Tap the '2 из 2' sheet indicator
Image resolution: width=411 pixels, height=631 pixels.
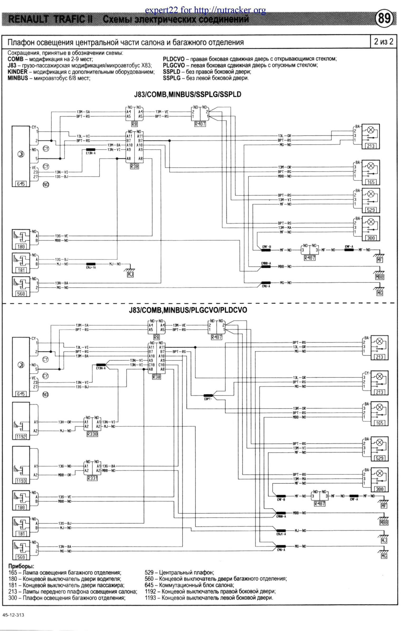coord(383,42)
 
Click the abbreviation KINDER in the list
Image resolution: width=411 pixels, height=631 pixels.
coord(17,72)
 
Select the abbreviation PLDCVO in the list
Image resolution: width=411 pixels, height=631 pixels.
coord(174,59)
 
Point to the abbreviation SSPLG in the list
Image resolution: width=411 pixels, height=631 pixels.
coord(172,78)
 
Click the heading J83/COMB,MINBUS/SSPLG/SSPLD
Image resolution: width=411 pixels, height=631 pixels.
coord(187,95)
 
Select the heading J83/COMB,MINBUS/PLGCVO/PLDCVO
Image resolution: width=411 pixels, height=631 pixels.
coord(188,310)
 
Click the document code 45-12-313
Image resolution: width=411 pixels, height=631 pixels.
coord(13,615)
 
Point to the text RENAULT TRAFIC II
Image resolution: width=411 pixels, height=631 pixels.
coord(50,19)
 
